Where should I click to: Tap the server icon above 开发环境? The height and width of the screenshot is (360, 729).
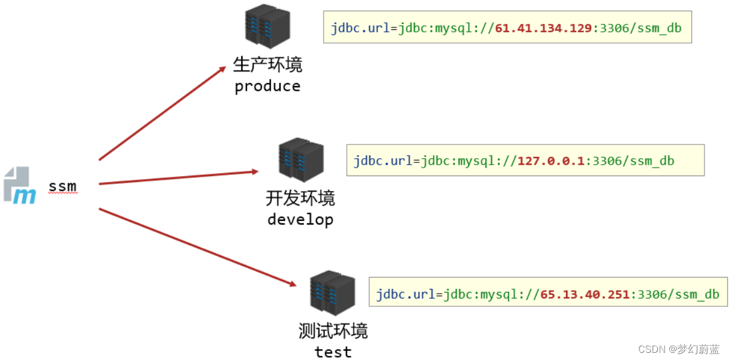(301, 159)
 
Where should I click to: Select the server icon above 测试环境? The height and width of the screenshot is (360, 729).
(333, 293)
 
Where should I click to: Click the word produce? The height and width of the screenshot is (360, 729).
(267, 87)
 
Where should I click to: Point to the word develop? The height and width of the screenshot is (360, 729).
(300, 220)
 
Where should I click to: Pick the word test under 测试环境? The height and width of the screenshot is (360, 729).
(333, 352)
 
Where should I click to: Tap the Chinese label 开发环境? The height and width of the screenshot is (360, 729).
(300, 198)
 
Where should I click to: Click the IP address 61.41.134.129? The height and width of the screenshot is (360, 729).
(543, 28)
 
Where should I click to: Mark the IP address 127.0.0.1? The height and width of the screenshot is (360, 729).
(552, 161)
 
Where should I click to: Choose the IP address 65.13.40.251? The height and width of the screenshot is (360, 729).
(585, 294)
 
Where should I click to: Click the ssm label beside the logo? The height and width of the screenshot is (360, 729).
(63, 186)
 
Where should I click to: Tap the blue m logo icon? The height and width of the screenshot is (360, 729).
(20, 186)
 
